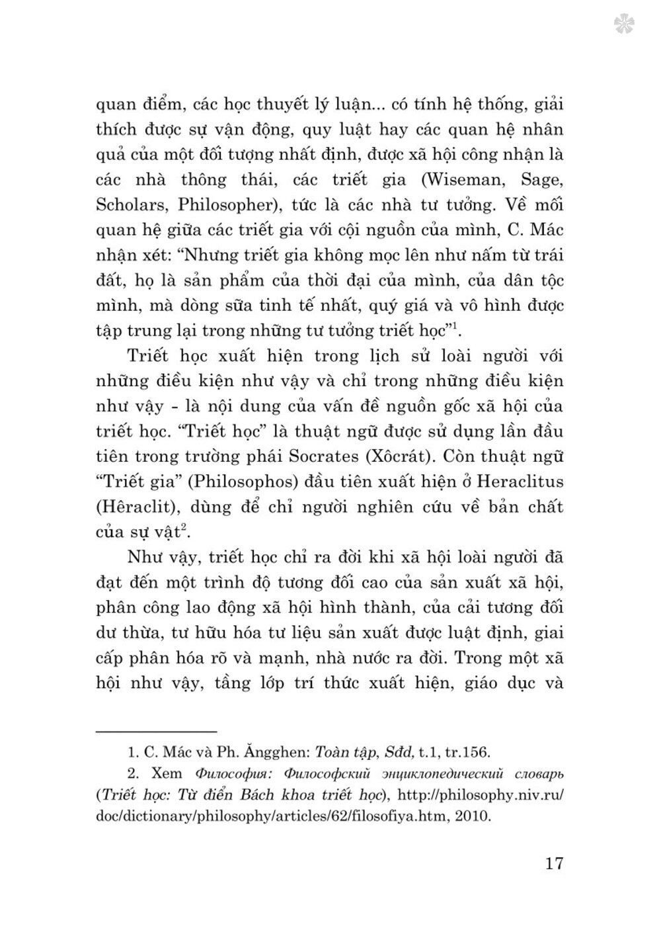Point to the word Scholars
tap(130, 204)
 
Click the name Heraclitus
tap(516, 482)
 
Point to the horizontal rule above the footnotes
tap(157, 732)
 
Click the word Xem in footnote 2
tap(166, 773)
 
